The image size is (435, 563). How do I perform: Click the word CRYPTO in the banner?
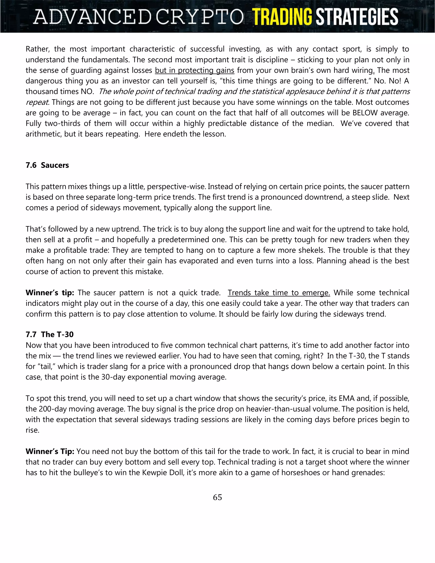pos(199,17)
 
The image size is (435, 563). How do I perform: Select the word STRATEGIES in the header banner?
pos(357,17)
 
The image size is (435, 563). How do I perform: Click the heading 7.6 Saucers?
pos(47,165)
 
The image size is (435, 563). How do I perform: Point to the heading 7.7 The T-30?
pos(49,335)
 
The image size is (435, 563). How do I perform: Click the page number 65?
pos(217,497)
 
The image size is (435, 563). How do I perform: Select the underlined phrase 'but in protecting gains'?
pos(195,70)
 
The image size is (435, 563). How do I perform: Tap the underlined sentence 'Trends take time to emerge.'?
pos(279,293)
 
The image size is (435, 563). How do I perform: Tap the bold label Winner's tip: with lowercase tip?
pos(50,293)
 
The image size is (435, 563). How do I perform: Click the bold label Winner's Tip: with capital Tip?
pos(50,451)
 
